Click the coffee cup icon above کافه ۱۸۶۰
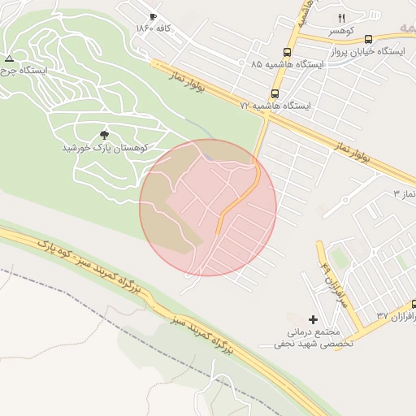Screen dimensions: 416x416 pyautogui.click(x=153, y=17)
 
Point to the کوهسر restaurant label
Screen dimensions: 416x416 pyautogui.click(x=341, y=29)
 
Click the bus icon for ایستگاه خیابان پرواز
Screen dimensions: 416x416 pyautogui.click(x=368, y=39)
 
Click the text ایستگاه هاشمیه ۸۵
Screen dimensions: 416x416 pyautogui.click(x=287, y=63)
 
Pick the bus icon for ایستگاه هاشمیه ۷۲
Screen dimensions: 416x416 pyautogui.click(x=275, y=93)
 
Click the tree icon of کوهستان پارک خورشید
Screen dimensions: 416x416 pyautogui.click(x=104, y=135)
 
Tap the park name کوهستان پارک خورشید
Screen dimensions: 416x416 pyautogui.click(x=104, y=148)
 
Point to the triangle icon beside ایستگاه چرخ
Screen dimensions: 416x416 pyautogui.click(x=9, y=58)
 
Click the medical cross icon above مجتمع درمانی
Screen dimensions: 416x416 pyautogui.click(x=313, y=319)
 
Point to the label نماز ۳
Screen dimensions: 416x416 pyautogui.click(x=403, y=194)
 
